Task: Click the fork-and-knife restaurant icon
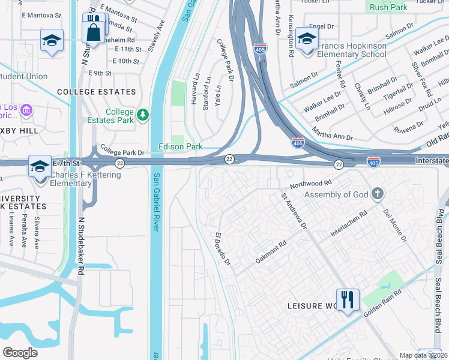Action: pyautogui.click(x=348, y=299)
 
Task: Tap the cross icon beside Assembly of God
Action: pyautogui.click(x=376, y=194)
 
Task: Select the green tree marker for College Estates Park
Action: pyautogui.click(x=142, y=115)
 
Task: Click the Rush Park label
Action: pyautogui.click(x=388, y=7)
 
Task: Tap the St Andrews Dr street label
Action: pyautogui.click(x=294, y=210)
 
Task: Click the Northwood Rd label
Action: pyautogui.click(x=310, y=182)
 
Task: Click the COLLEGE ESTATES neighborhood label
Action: pyautogui.click(x=96, y=92)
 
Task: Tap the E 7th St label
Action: pyautogui.click(x=66, y=163)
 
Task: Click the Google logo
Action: pyautogui.click(x=20, y=352)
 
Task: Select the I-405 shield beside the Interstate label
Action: pyautogui.click(x=372, y=163)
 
